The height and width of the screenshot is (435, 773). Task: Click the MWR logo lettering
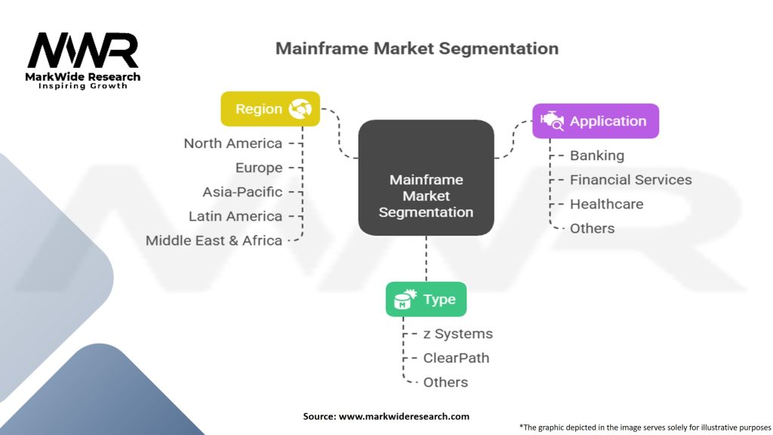pyautogui.click(x=83, y=51)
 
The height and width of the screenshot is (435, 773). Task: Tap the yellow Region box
pyautogui.click(x=270, y=109)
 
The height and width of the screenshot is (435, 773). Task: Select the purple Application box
pyautogui.click(x=596, y=121)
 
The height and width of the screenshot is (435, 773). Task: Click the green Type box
pyautogui.click(x=426, y=299)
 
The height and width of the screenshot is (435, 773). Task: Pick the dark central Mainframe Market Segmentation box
pyautogui.click(x=426, y=177)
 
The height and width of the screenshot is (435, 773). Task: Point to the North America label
pyautogui.click(x=233, y=143)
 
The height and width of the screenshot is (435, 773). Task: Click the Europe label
pyautogui.click(x=259, y=168)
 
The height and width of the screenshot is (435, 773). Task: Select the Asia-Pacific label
pyautogui.click(x=242, y=192)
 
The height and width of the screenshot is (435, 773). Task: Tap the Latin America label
pyautogui.click(x=236, y=216)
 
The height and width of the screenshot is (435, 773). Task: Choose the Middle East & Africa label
pyautogui.click(x=214, y=241)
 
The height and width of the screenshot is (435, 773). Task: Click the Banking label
pyautogui.click(x=597, y=156)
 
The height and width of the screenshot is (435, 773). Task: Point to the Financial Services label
pyautogui.click(x=631, y=180)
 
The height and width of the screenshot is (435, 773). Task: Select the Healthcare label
pyautogui.click(x=607, y=204)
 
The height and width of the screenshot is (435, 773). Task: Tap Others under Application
pyautogui.click(x=592, y=228)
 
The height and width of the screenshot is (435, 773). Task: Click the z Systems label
pyautogui.click(x=458, y=334)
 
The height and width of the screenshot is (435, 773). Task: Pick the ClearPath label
pyautogui.click(x=457, y=358)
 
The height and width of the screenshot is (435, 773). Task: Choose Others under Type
pyautogui.click(x=445, y=382)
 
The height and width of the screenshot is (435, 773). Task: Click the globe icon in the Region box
pyautogui.click(x=300, y=109)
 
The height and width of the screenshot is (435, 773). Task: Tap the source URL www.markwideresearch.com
pyautogui.click(x=404, y=416)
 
